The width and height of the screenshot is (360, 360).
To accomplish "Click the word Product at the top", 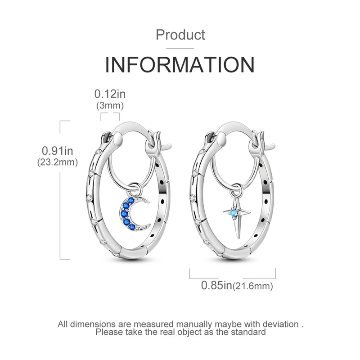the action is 180,35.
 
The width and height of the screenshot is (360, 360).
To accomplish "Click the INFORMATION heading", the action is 180,64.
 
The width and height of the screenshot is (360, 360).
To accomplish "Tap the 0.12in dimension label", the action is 110,94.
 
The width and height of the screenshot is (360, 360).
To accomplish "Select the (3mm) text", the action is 110,106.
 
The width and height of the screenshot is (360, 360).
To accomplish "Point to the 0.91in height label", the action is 58,151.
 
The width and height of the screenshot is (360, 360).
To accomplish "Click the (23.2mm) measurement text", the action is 58,162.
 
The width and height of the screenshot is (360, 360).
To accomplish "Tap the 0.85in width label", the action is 216,285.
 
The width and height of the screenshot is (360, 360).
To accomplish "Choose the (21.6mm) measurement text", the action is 252,286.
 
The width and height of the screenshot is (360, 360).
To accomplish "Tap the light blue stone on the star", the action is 234,212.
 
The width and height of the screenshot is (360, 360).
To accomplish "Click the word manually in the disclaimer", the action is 194,324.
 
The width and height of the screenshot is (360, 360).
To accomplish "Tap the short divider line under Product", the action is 180,49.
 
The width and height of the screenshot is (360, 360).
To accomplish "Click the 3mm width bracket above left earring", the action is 110,117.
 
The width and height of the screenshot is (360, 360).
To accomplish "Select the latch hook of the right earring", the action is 264,142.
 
